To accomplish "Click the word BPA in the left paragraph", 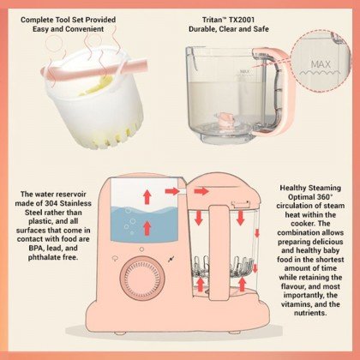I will tap(42, 247).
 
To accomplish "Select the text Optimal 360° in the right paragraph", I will tap(309, 196).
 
